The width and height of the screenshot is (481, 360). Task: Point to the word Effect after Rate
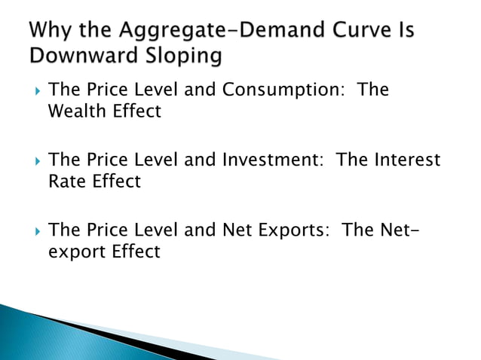(x=114, y=182)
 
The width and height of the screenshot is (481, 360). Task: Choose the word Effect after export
(x=136, y=252)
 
